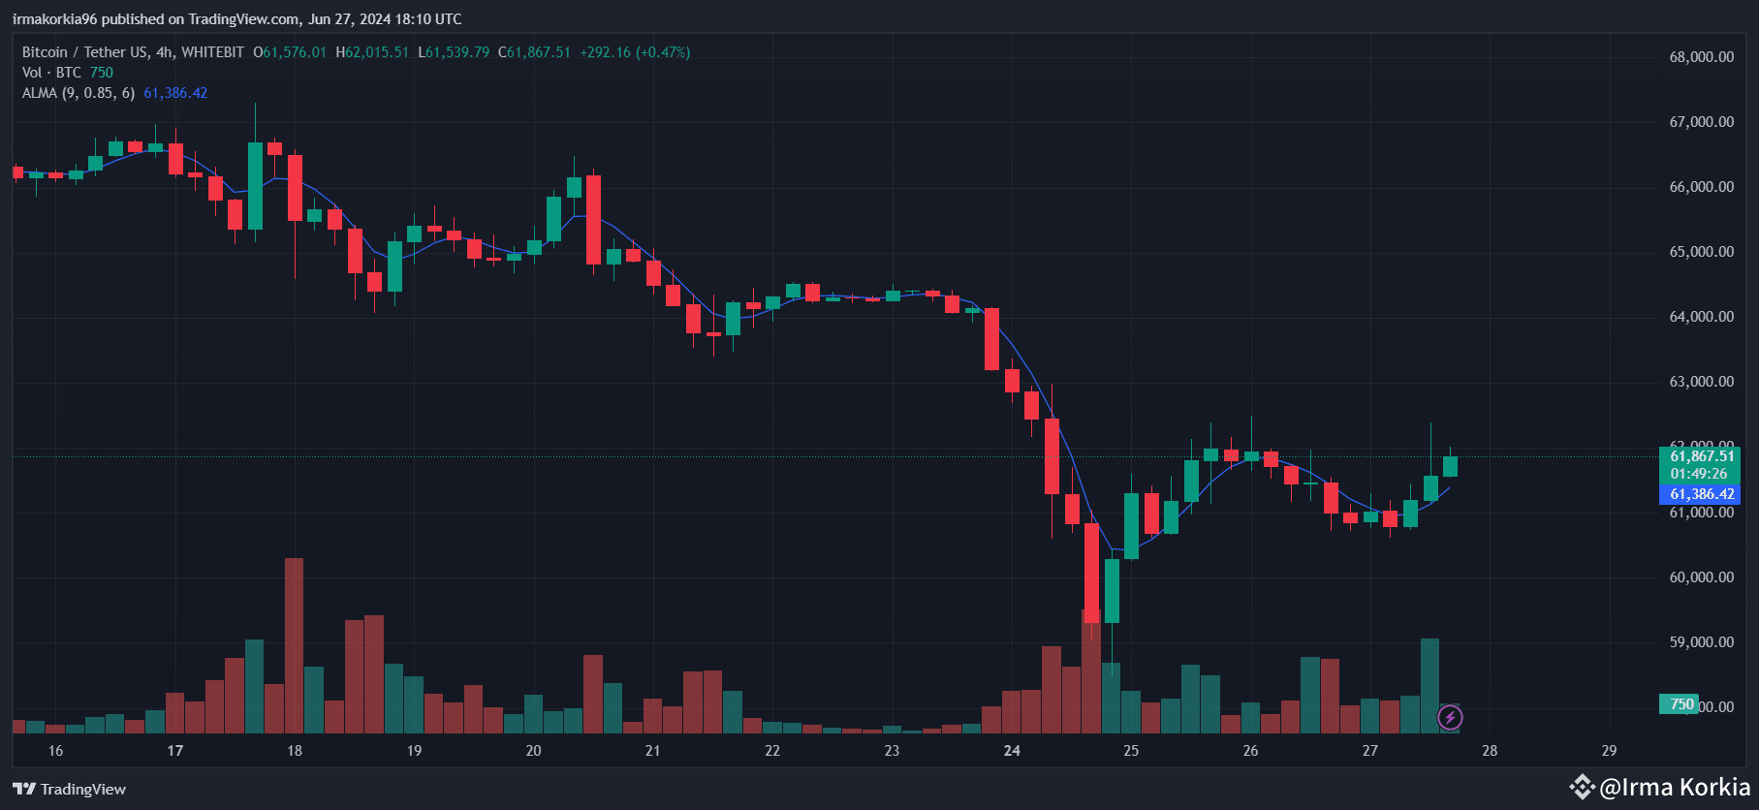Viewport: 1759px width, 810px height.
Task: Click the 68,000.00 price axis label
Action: pos(1701,57)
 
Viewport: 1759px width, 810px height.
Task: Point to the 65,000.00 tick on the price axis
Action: pos(1701,252)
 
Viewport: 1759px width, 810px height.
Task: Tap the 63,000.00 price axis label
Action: pos(1701,382)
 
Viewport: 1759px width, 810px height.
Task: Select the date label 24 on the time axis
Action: pos(1012,751)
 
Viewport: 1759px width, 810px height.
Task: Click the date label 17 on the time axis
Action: pos(175,751)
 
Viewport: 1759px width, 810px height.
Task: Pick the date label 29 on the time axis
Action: pos(1609,751)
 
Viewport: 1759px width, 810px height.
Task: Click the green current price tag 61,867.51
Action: pos(1701,456)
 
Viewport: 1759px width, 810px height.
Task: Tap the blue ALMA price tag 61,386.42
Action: pos(1701,494)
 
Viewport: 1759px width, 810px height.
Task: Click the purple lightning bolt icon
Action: pos(1450,718)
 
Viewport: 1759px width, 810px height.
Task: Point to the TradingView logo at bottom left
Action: pos(69,789)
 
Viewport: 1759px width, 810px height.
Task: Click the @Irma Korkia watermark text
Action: pos(1674,787)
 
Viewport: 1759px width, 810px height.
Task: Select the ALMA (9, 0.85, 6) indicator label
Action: pos(79,93)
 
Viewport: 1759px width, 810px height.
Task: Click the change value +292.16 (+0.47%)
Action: pos(635,52)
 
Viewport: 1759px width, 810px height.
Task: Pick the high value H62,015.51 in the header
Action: pos(372,52)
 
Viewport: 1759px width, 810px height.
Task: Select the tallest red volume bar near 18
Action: pos(294,644)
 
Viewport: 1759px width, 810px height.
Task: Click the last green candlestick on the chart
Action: pos(1450,466)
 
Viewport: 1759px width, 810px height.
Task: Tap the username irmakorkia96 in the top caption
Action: pos(54,19)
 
